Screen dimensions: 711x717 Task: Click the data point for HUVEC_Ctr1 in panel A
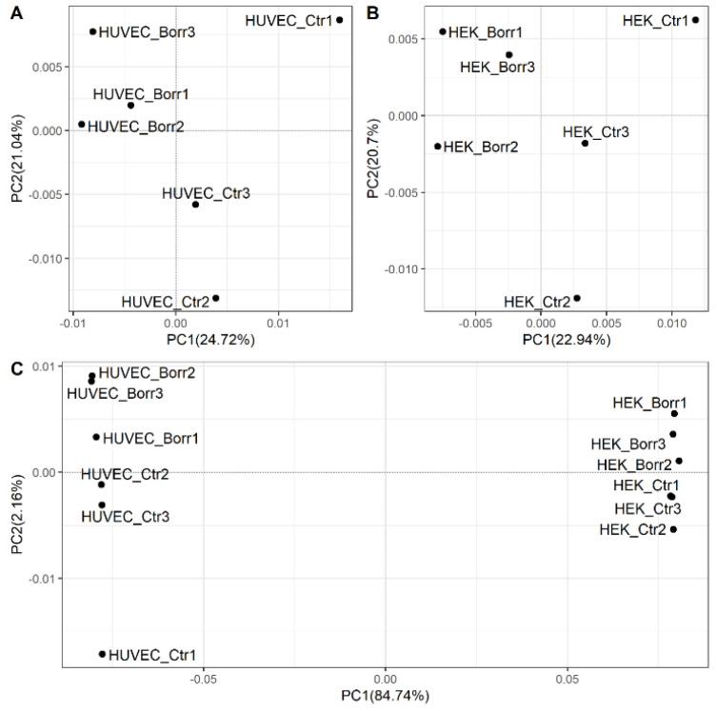pyautogui.click(x=340, y=20)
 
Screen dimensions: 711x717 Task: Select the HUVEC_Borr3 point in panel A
pyautogui.click(x=93, y=31)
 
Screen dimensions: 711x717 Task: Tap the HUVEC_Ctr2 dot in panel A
pyautogui.click(x=216, y=298)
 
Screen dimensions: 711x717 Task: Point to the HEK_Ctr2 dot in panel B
pyautogui.click(x=577, y=298)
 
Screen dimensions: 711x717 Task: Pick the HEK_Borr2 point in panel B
pyautogui.click(x=438, y=147)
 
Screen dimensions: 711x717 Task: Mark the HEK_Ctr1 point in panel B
pyautogui.click(x=696, y=20)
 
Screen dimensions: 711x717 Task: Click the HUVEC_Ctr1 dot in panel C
pyautogui.click(x=103, y=654)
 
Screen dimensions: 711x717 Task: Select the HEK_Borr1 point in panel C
pyautogui.click(x=674, y=413)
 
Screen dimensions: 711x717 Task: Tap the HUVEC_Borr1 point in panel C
pyautogui.click(x=96, y=437)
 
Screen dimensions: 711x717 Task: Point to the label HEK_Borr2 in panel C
pyautogui.click(x=633, y=464)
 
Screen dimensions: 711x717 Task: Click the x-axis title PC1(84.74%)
pyautogui.click(x=385, y=696)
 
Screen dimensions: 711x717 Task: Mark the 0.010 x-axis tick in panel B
pyautogui.click(x=671, y=322)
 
